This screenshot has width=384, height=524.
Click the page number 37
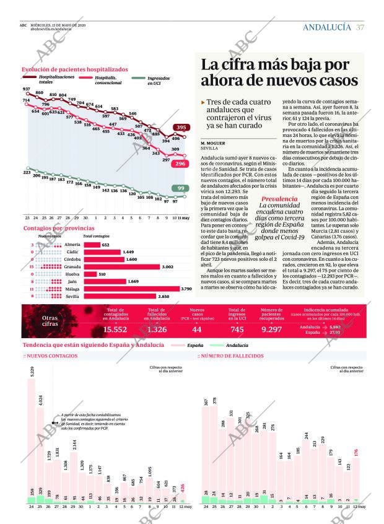(x=360, y=27)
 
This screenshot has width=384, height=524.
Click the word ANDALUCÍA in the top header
(x=327, y=27)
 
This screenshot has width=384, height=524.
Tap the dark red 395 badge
(x=180, y=128)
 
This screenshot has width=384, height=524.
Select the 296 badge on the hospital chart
(x=180, y=164)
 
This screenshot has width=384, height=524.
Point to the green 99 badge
(x=180, y=188)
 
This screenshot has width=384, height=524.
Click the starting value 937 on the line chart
(x=26, y=89)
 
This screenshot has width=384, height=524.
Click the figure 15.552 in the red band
(x=115, y=330)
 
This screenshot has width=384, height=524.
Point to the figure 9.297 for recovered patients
(x=271, y=330)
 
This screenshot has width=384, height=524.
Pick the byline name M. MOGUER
(x=212, y=143)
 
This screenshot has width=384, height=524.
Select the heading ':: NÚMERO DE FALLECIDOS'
(x=230, y=356)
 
